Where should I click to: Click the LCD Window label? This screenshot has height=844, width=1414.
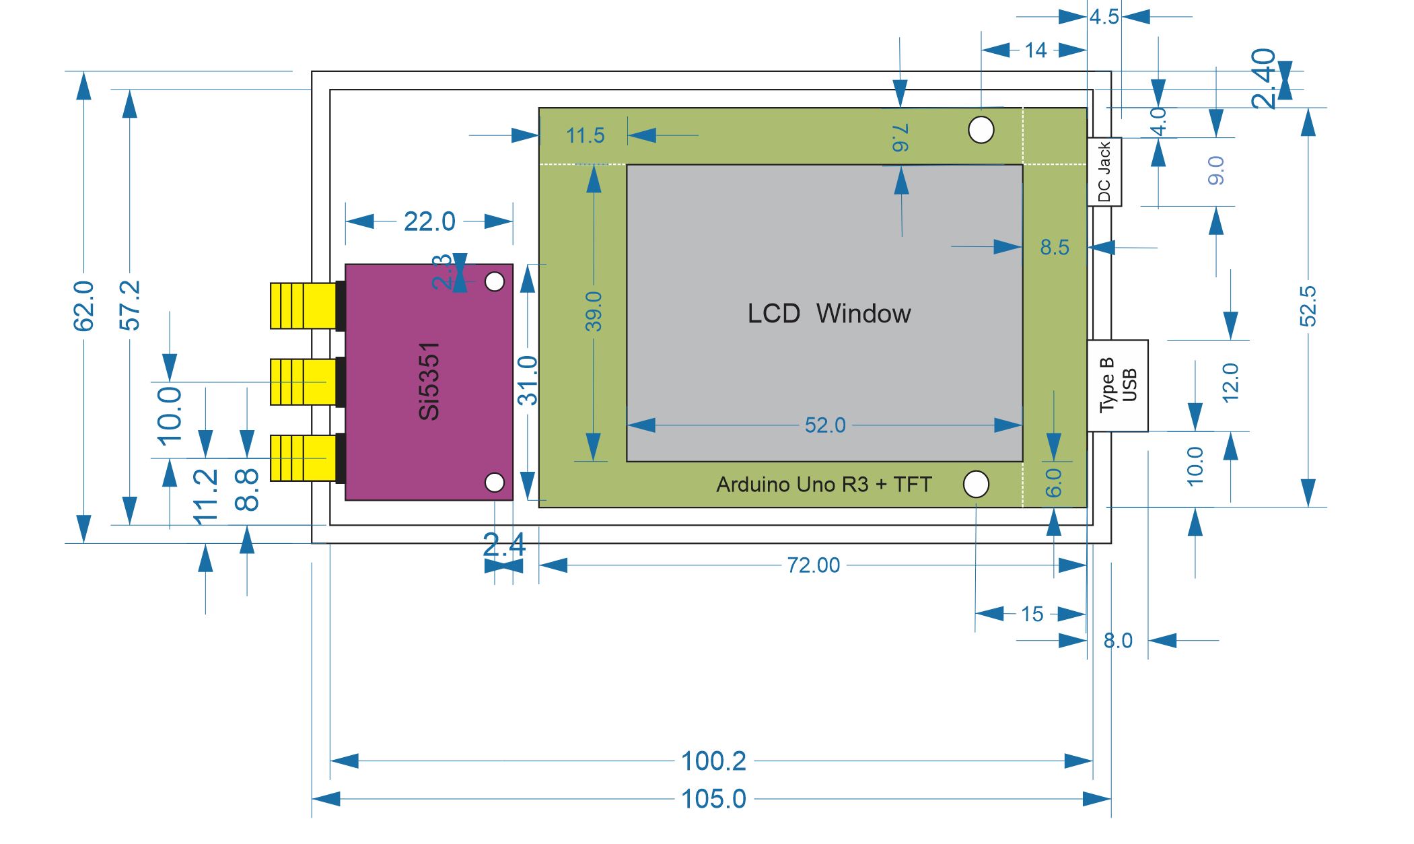click(829, 314)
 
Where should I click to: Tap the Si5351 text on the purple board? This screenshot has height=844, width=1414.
click(429, 381)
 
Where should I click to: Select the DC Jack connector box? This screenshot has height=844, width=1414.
click(1104, 172)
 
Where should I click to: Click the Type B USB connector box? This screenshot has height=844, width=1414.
click(1118, 386)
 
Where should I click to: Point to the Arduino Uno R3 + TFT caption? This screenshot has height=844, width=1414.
click(824, 485)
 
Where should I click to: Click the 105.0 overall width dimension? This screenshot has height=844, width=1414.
click(713, 800)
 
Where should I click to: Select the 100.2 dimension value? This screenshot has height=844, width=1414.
click(713, 762)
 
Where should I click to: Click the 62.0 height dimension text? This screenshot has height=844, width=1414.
click(83, 306)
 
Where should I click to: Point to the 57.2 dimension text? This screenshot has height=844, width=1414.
click(130, 306)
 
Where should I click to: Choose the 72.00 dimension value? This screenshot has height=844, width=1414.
click(814, 565)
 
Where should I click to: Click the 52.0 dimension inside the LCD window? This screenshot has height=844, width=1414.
click(825, 425)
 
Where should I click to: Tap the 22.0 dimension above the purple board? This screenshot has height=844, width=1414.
click(429, 221)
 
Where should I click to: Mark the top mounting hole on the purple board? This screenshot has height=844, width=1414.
click(495, 281)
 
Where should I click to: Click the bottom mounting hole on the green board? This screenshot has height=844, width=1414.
click(977, 484)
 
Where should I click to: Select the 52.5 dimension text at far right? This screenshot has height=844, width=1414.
click(1308, 306)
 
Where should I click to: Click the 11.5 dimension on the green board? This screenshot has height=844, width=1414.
click(585, 136)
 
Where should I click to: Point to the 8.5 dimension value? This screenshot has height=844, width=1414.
click(1055, 248)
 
